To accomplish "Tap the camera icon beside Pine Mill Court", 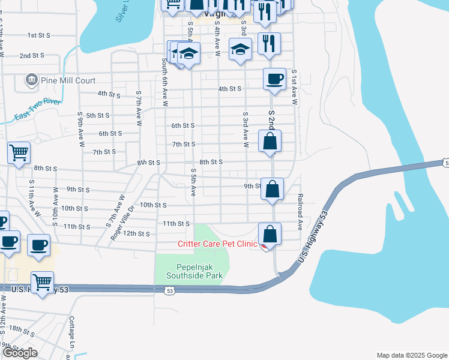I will coord(30,79).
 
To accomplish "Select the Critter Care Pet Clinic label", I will coord(217,244).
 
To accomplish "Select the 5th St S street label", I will coord(98,115).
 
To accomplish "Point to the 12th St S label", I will coord(136,233).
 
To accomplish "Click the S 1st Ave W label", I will coord(295,86).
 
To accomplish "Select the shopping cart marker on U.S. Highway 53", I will coord(42,282).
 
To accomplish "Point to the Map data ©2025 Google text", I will coord(412,355).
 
